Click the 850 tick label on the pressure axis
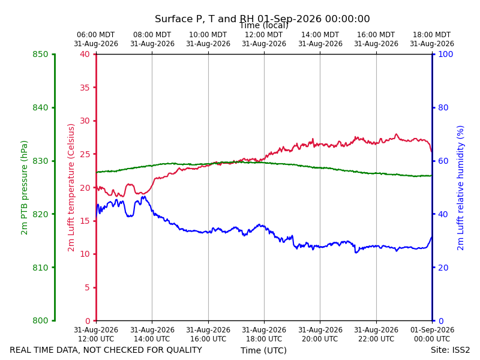point(40,55)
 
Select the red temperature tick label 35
point(85,88)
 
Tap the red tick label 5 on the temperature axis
point(88,287)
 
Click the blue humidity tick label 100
point(446,55)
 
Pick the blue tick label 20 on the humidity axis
point(443,268)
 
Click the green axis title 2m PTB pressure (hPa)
point(24,188)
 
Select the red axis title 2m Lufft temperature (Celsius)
point(71,188)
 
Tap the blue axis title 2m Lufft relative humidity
point(460,188)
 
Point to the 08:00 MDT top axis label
point(152,35)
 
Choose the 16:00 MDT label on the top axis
point(376,35)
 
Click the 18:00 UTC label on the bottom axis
point(264,339)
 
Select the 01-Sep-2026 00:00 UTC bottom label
point(432,334)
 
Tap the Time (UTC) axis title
point(263,350)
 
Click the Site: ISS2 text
point(450,350)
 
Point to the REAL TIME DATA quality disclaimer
point(106,350)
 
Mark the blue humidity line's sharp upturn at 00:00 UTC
point(430,242)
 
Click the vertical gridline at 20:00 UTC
point(320,188)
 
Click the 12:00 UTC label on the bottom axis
point(96,339)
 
